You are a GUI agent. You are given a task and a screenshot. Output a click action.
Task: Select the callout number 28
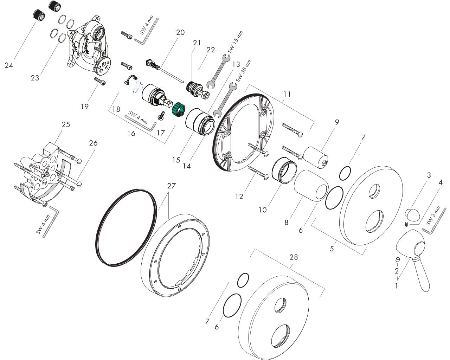pyautogui.click(x=294, y=257)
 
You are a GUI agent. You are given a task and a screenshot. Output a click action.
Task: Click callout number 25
pyautogui.click(x=66, y=124)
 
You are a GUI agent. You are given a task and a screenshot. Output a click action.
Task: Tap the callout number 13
pyautogui.click(x=236, y=64)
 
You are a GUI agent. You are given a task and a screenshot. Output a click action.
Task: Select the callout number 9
pyautogui.click(x=337, y=122)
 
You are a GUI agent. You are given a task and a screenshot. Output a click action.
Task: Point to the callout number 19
pyautogui.click(x=84, y=106)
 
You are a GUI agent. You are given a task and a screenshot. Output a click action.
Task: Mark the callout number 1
pyautogui.click(x=397, y=286)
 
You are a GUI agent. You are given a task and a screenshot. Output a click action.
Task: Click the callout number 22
pyautogui.click(x=211, y=50)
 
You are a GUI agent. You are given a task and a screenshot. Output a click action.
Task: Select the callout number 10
pyautogui.click(x=263, y=210)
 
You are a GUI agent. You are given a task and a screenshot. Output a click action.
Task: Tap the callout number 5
pyautogui.click(x=332, y=249)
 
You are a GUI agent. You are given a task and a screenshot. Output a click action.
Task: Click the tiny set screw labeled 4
pyautogui.click(x=406, y=224)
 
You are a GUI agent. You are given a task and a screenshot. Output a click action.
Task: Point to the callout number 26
pyautogui.click(x=93, y=143)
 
